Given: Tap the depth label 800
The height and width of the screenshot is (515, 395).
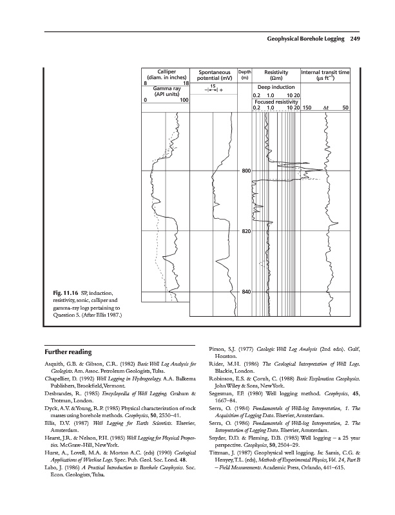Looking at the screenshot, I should click(246, 171).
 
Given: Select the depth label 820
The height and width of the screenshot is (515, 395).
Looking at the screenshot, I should click(246, 231).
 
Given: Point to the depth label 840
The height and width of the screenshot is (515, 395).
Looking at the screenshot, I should click(246, 292).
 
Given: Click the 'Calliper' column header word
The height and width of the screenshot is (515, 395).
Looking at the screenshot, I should click(167, 71).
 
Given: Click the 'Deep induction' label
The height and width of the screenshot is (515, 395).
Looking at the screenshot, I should click(276, 87).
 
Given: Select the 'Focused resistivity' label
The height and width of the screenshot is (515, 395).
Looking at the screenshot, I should click(276, 101).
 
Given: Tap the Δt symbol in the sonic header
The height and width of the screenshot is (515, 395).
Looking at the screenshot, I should click(325, 108).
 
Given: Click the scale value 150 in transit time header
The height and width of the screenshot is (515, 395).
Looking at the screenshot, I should click(307, 108).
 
